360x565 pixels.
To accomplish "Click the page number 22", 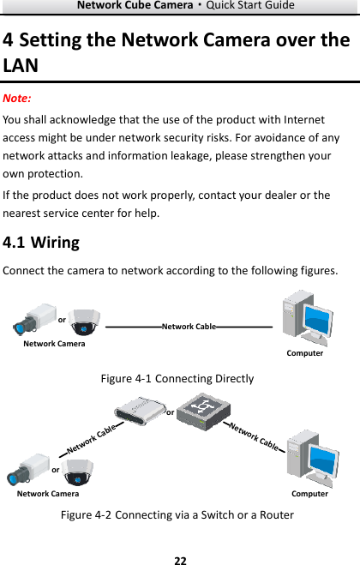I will (x=180, y=560).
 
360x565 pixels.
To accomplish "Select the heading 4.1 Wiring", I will (x=42, y=243).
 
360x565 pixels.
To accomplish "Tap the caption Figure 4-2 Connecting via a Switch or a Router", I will (x=177, y=515).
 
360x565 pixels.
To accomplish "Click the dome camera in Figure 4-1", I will (x=84, y=322).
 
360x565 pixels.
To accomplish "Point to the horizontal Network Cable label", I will (x=189, y=327).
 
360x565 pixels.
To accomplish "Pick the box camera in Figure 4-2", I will (x=27, y=470).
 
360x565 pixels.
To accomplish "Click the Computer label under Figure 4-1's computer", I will (x=305, y=353).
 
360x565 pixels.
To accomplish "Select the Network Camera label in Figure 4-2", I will (x=48, y=494).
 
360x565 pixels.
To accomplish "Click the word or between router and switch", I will (x=170, y=412).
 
